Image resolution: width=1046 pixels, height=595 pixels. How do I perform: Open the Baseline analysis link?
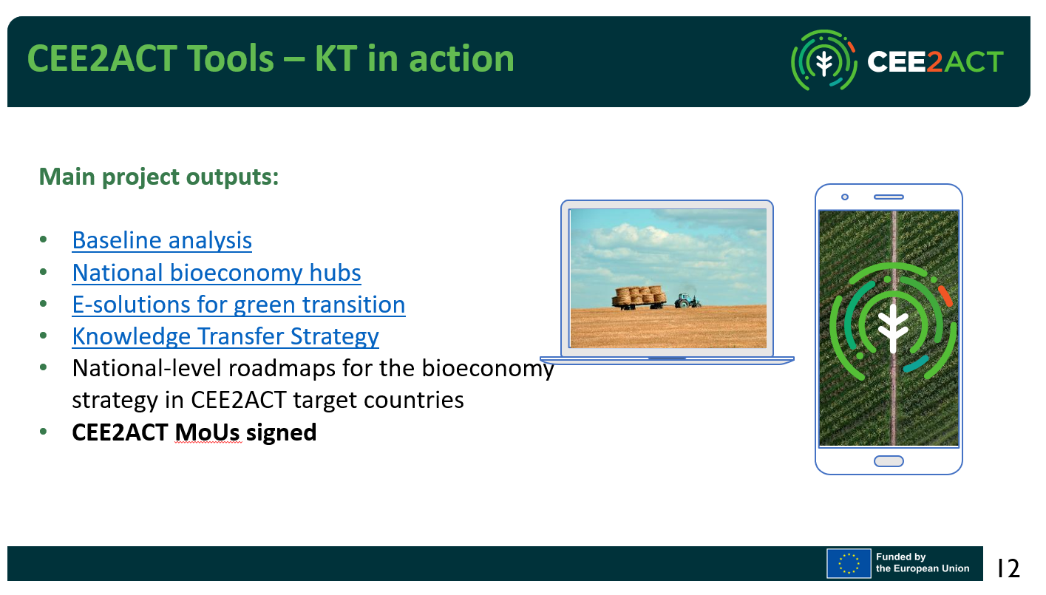[162, 240]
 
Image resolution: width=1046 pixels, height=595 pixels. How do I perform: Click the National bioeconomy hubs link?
[217, 273]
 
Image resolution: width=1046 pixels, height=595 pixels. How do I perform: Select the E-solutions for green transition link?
[239, 305]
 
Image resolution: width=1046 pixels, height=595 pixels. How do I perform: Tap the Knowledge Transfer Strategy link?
[225, 337]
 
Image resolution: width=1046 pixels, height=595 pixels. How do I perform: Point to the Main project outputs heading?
[159, 177]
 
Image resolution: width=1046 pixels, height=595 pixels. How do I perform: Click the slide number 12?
[1008, 568]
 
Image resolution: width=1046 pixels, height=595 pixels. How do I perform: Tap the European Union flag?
[849, 563]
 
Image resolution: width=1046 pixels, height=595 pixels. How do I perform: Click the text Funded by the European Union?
[923, 562]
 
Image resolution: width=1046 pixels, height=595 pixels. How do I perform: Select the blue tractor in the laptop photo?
[687, 300]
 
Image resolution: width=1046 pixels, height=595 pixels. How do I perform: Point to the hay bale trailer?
[639, 298]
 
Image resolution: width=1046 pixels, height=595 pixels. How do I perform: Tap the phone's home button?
[889, 461]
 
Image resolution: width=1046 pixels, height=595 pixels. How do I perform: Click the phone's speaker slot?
[889, 197]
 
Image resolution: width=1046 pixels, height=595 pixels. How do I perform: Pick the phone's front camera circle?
[845, 197]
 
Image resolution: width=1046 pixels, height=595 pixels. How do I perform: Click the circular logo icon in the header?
[824, 61]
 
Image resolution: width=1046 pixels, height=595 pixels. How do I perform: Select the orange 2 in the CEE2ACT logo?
[934, 61]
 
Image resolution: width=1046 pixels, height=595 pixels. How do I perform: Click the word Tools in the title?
[231, 59]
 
